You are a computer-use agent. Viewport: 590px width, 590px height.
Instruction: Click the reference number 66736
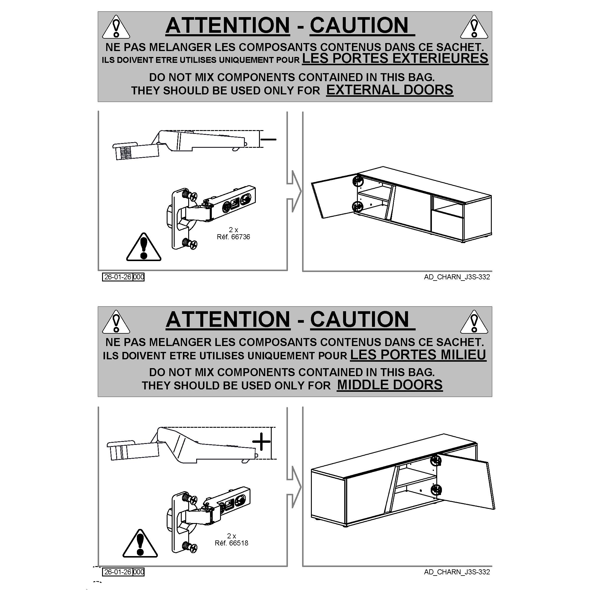pyautogui.click(x=241, y=237)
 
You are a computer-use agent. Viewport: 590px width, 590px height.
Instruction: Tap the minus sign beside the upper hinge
pyautogui.click(x=269, y=140)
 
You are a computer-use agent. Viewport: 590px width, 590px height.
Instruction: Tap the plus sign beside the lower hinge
pyautogui.click(x=261, y=442)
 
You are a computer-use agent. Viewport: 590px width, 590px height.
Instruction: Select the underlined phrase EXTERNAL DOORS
pyautogui.click(x=390, y=90)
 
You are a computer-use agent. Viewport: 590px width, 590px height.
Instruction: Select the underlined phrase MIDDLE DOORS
pyautogui.click(x=390, y=385)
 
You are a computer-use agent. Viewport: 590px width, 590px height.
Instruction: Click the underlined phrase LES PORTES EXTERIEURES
pyautogui.click(x=395, y=58)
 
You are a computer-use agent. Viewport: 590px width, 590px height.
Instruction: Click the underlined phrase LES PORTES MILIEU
pyautogui.click(x=418, y=355)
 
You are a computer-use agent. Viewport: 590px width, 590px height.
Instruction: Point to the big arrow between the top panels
pyautogui.click(x=294, y=191)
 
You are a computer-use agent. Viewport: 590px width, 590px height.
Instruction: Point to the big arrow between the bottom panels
pyautogui.click(x=294, y=487)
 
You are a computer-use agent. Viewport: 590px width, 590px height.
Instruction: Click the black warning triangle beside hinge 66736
pyautogui.click(x=144, y=247)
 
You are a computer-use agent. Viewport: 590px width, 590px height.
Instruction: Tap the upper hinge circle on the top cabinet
pyautogui.click(x=358, y=181)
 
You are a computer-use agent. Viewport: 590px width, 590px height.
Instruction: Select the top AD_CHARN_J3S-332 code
pyautogui.click(x=457, y=277)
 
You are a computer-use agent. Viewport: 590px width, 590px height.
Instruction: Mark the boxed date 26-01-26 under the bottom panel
pyautogui.click(x=118, y=572)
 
